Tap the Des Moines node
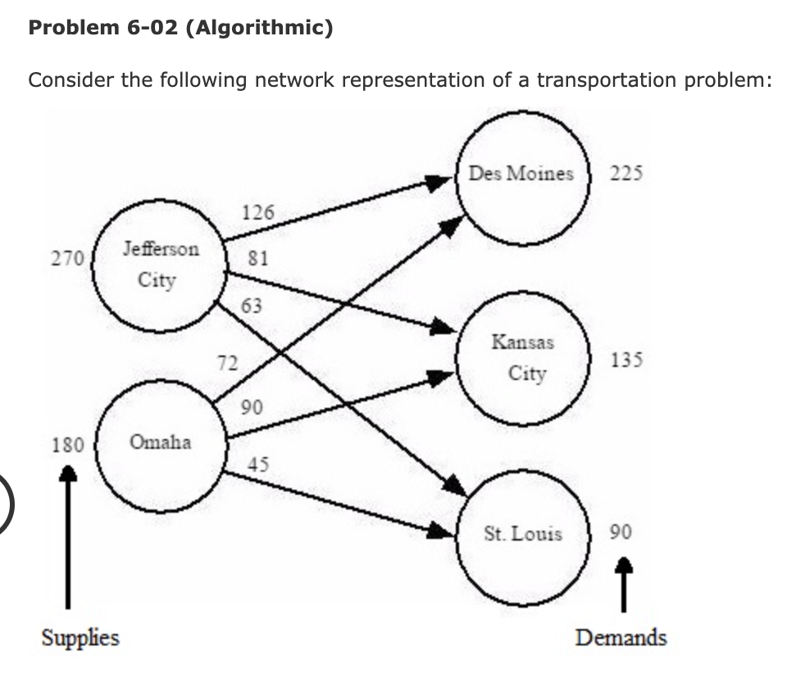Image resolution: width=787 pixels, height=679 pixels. tap(522, 174)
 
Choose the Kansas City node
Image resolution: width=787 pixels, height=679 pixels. tap(522, 358)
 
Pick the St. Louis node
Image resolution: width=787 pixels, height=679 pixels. tap(523, 535)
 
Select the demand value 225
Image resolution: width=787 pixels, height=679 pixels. tap(627, 174)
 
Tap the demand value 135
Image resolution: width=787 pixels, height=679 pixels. tap(627, 360)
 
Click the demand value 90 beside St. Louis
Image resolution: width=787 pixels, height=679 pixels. tap(621, 532)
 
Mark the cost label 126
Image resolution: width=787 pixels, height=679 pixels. tap(258, 212)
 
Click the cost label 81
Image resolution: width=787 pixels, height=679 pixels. tap(258, 259)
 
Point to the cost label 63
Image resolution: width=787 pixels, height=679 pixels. tap(252, 306)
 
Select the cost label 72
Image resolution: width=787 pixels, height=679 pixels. tap(227, 362)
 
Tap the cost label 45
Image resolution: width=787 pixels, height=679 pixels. tap(258, 464)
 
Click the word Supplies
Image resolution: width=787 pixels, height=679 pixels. tap(80, 637)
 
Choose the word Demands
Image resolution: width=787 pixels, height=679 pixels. tap(621, 637)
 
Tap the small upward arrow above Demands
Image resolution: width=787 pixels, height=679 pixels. tap(624, 583)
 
